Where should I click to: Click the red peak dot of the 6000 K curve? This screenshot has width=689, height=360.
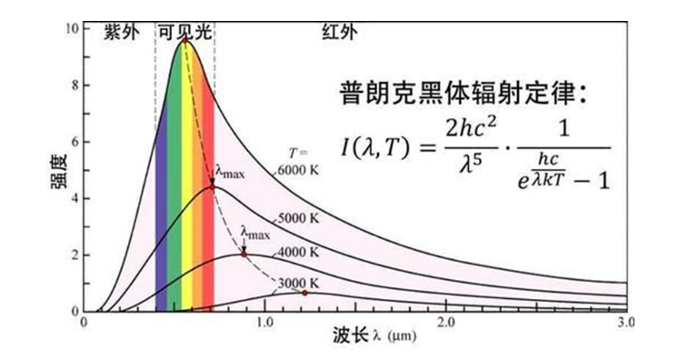[185, 40]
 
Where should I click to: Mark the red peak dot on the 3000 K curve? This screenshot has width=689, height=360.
[305, 293]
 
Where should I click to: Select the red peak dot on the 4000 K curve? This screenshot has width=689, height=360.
[244, 255]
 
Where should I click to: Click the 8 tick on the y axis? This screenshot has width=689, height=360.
[75, 85]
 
